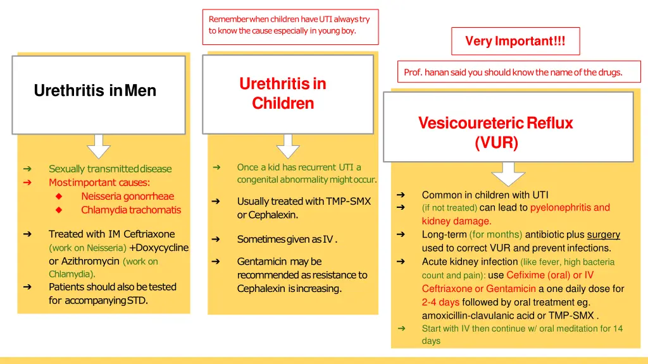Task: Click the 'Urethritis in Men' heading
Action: click(x=95, y=91)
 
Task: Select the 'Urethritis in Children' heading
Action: click(x=283, y=93)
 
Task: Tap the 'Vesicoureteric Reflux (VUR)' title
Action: click(x=495, y=133)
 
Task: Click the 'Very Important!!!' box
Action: click(x=515, y=42)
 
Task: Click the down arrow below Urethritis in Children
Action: click(x=288, y=146)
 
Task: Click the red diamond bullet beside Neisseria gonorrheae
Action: click(x=59, y=197)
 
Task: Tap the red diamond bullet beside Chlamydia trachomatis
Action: click(x=59, y=210)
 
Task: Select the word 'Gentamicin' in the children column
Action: click(x=260, y=262)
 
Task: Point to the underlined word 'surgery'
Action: click(x=603, y=235)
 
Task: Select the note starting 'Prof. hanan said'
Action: click(x=513, y=73)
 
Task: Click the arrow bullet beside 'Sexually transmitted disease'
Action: click(x=27, y=169)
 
